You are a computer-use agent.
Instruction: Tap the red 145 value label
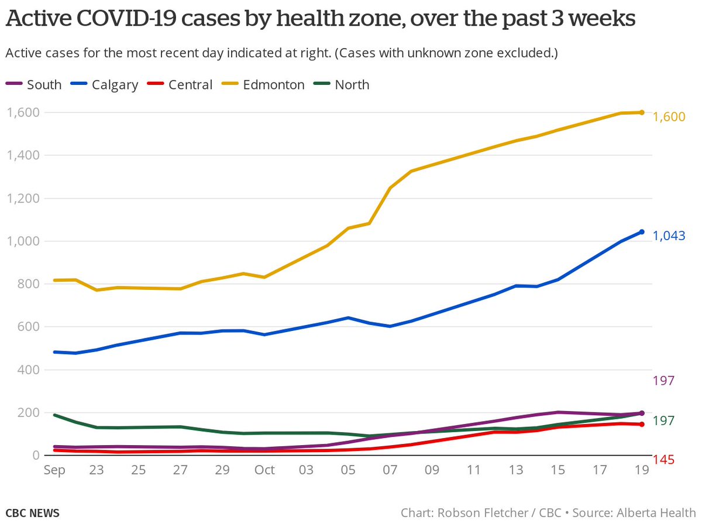[x=663, y=460]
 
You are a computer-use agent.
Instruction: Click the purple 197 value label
[x=663, y=381]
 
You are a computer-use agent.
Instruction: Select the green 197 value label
[x=663, y=420]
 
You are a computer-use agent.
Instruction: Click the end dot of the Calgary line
[x=642, y=232]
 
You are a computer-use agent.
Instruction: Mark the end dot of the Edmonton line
[x=642, y=112]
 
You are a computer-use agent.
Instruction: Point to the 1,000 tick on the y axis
[x=22, y=241]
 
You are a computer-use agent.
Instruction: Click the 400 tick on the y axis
[x=27, y=370]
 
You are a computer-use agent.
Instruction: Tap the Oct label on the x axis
[x=265, y=470]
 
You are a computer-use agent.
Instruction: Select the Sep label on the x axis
[x=54, y=470]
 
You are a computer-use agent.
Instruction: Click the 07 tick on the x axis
[x=390, y=470]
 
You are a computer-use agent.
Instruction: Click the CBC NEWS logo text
[x=33, y=513]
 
